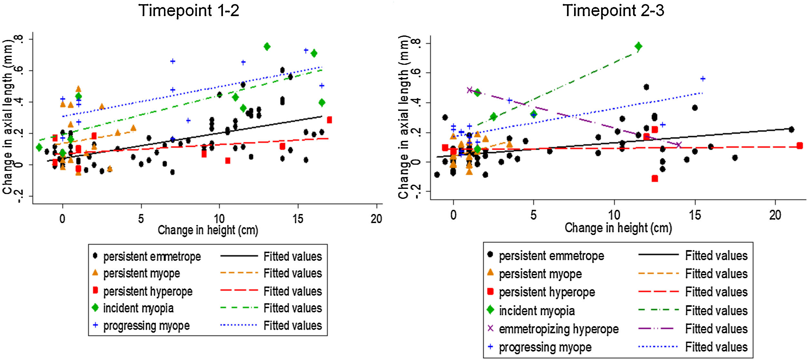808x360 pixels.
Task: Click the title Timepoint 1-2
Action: click(189, 11)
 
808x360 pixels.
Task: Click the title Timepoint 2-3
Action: click(613, 11)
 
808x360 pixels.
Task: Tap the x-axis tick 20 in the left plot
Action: click(376, 219)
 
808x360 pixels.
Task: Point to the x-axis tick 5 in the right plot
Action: click(534, 215)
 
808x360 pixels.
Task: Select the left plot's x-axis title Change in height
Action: click(208, 230)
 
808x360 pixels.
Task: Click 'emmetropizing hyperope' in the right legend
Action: click(558, 329)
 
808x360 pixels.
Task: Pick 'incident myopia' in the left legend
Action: click(138, 308)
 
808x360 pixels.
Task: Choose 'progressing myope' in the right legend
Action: click(545, 347)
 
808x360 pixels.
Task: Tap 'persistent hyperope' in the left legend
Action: click(148, 291)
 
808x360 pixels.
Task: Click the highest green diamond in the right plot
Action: click(638, 46)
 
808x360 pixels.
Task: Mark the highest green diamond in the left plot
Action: click(267, 47)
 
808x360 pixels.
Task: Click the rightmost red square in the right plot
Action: click(799, 146)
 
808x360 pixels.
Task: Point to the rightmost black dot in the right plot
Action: click(791, 130)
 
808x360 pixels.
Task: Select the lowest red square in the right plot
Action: click(655, 178)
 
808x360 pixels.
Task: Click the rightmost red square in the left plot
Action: click(329, 120)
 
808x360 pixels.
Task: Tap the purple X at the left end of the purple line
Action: click(470, 90)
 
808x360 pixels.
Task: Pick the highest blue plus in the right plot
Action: click(703, 79)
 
